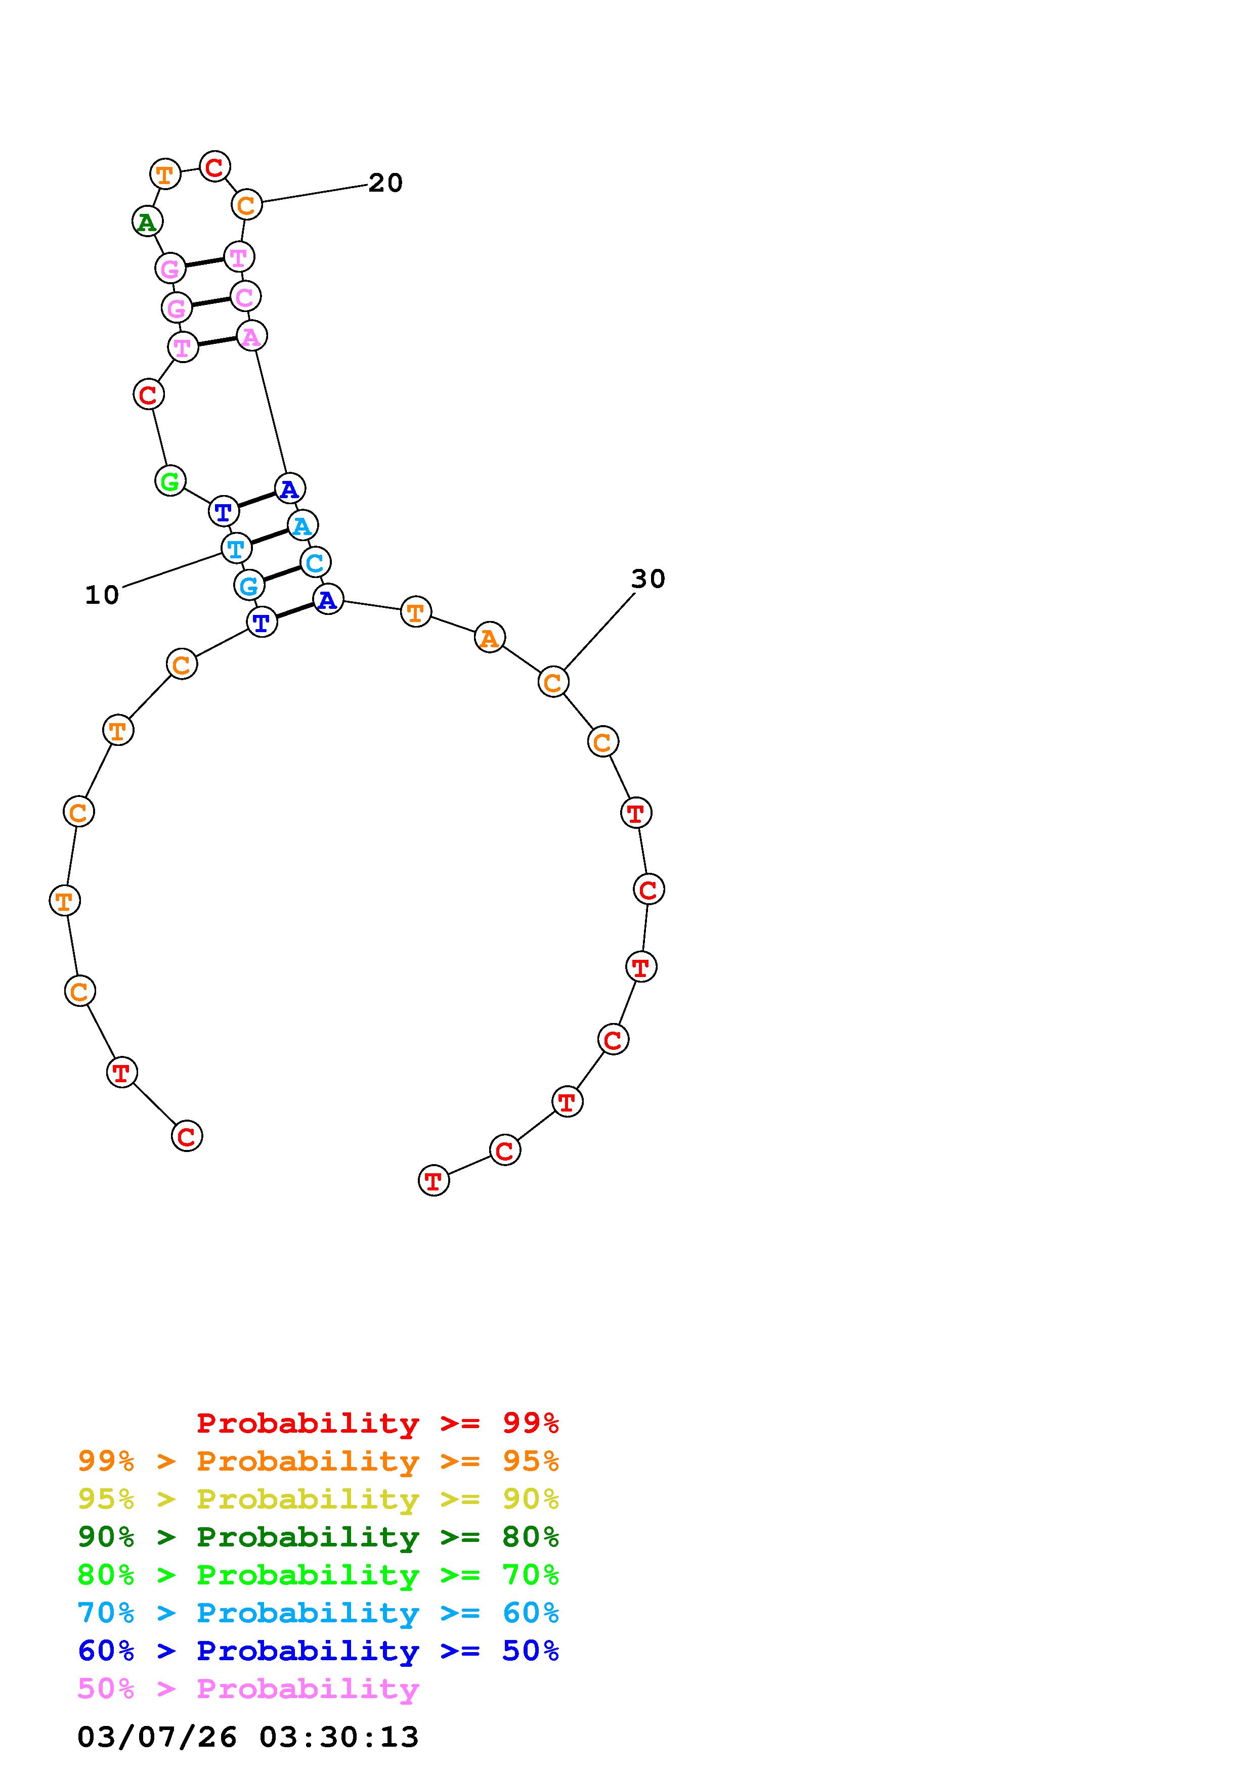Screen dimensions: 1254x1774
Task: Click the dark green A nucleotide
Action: click(147, 221)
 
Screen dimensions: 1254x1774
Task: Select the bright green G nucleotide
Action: click(170, 480)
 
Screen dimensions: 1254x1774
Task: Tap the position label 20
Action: click(385, 183)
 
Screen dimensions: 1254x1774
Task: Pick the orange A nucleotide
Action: click(489, 637)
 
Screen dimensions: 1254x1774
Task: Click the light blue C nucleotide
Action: click(315, 562)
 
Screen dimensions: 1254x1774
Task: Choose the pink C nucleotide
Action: click(245, 296)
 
